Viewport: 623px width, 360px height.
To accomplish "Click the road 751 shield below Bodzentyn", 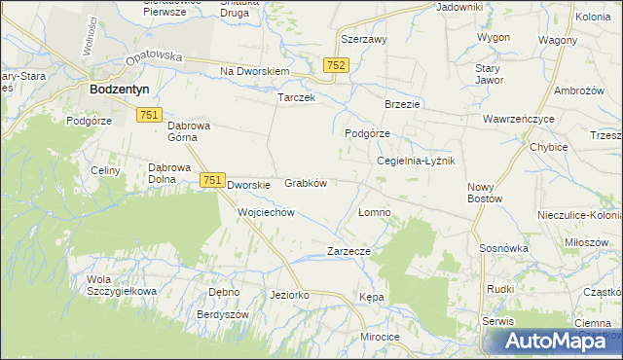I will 149,115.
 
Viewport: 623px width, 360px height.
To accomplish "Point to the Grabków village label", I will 305,182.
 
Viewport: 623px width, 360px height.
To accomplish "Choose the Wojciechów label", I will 266,211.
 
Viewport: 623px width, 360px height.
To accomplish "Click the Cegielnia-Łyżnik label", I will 416,161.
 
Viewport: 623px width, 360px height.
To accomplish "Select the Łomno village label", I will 374,211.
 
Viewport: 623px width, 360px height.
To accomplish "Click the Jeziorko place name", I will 289,294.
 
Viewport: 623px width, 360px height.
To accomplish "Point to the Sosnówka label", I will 503,248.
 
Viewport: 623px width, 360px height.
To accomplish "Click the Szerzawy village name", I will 364,40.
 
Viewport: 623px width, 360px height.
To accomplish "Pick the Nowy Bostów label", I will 484,192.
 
